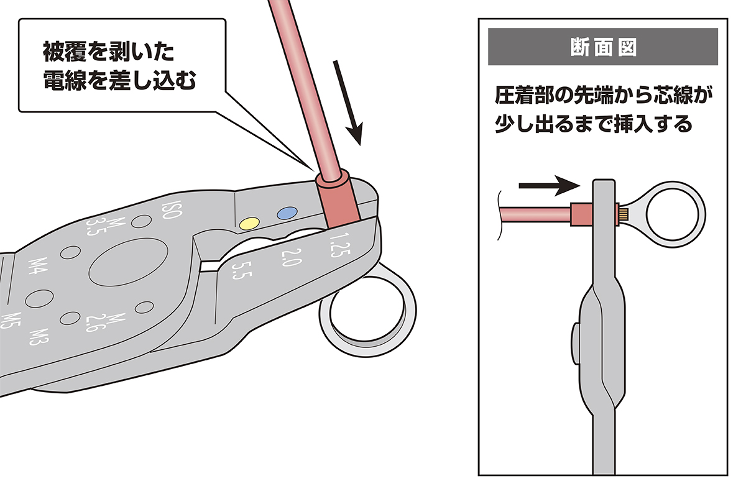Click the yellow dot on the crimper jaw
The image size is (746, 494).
click(x=249, y=222)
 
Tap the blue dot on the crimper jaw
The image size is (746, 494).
click(x=286, y=213)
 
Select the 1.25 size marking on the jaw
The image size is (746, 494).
click(x=338, y=244)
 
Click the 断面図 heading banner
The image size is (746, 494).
click(x=603, y=47)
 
